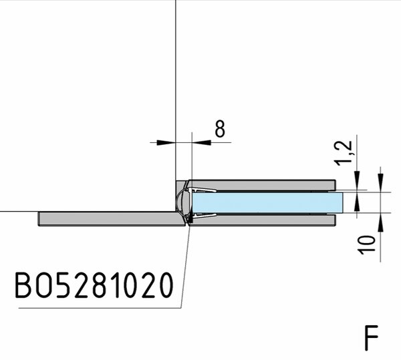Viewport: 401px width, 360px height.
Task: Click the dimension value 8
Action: [220, 128]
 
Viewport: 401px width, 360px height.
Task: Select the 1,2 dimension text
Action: [344, 153]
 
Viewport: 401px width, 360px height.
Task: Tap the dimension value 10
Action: [367, 245]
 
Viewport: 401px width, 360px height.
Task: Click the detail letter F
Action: [372, 338]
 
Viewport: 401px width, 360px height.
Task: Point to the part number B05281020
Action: [94, 285]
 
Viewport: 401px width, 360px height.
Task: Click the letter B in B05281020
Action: [23, 285]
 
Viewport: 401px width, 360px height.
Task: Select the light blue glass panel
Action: [267, 202]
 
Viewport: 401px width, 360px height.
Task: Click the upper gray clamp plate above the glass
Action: [261, 185]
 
